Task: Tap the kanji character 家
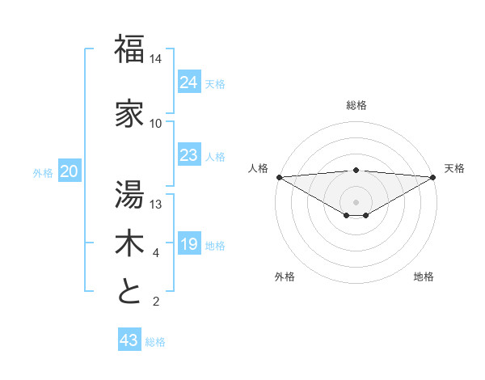tap(130, 113)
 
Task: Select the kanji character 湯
tap(130, 195)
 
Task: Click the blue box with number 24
tap(188, 82)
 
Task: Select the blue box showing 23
tap(188, 155)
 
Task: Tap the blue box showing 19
tap(188, 244)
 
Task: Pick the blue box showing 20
tap(70, 171)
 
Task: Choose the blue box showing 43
tap(129, 340)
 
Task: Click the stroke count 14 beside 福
tap(156, 59)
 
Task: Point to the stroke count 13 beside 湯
tap(156, 204)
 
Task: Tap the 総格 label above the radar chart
tap(356, 105)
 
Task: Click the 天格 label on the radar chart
tap(454, 168)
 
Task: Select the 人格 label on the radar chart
tap(258, 168)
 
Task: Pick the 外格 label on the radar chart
tap(285, 277)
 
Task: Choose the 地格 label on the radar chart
tap(424, 277)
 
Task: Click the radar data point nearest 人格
tap(279, 176)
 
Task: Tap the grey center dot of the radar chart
tap(356, 201)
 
